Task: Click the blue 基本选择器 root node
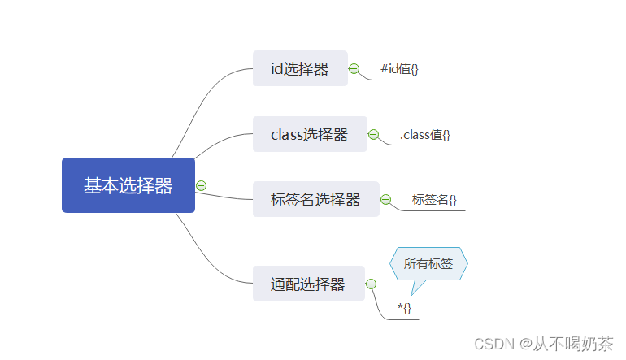point(128,185)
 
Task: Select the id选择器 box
point(300,69)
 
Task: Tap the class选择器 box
point(310,134)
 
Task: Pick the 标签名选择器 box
point(315,199)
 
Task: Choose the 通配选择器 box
point(308,284)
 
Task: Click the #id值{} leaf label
point(399,69)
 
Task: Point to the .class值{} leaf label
point(424,135)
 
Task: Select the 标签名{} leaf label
point(434,199)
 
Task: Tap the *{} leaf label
point(404,308)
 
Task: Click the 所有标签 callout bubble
point(428,263)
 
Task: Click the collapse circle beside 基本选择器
point(202,185)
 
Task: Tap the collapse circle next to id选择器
point(354,69)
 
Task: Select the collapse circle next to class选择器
point(373,134)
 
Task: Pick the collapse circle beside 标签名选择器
point(385,199)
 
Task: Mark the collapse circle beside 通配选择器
point(371,284)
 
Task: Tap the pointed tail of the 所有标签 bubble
point(415,290)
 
